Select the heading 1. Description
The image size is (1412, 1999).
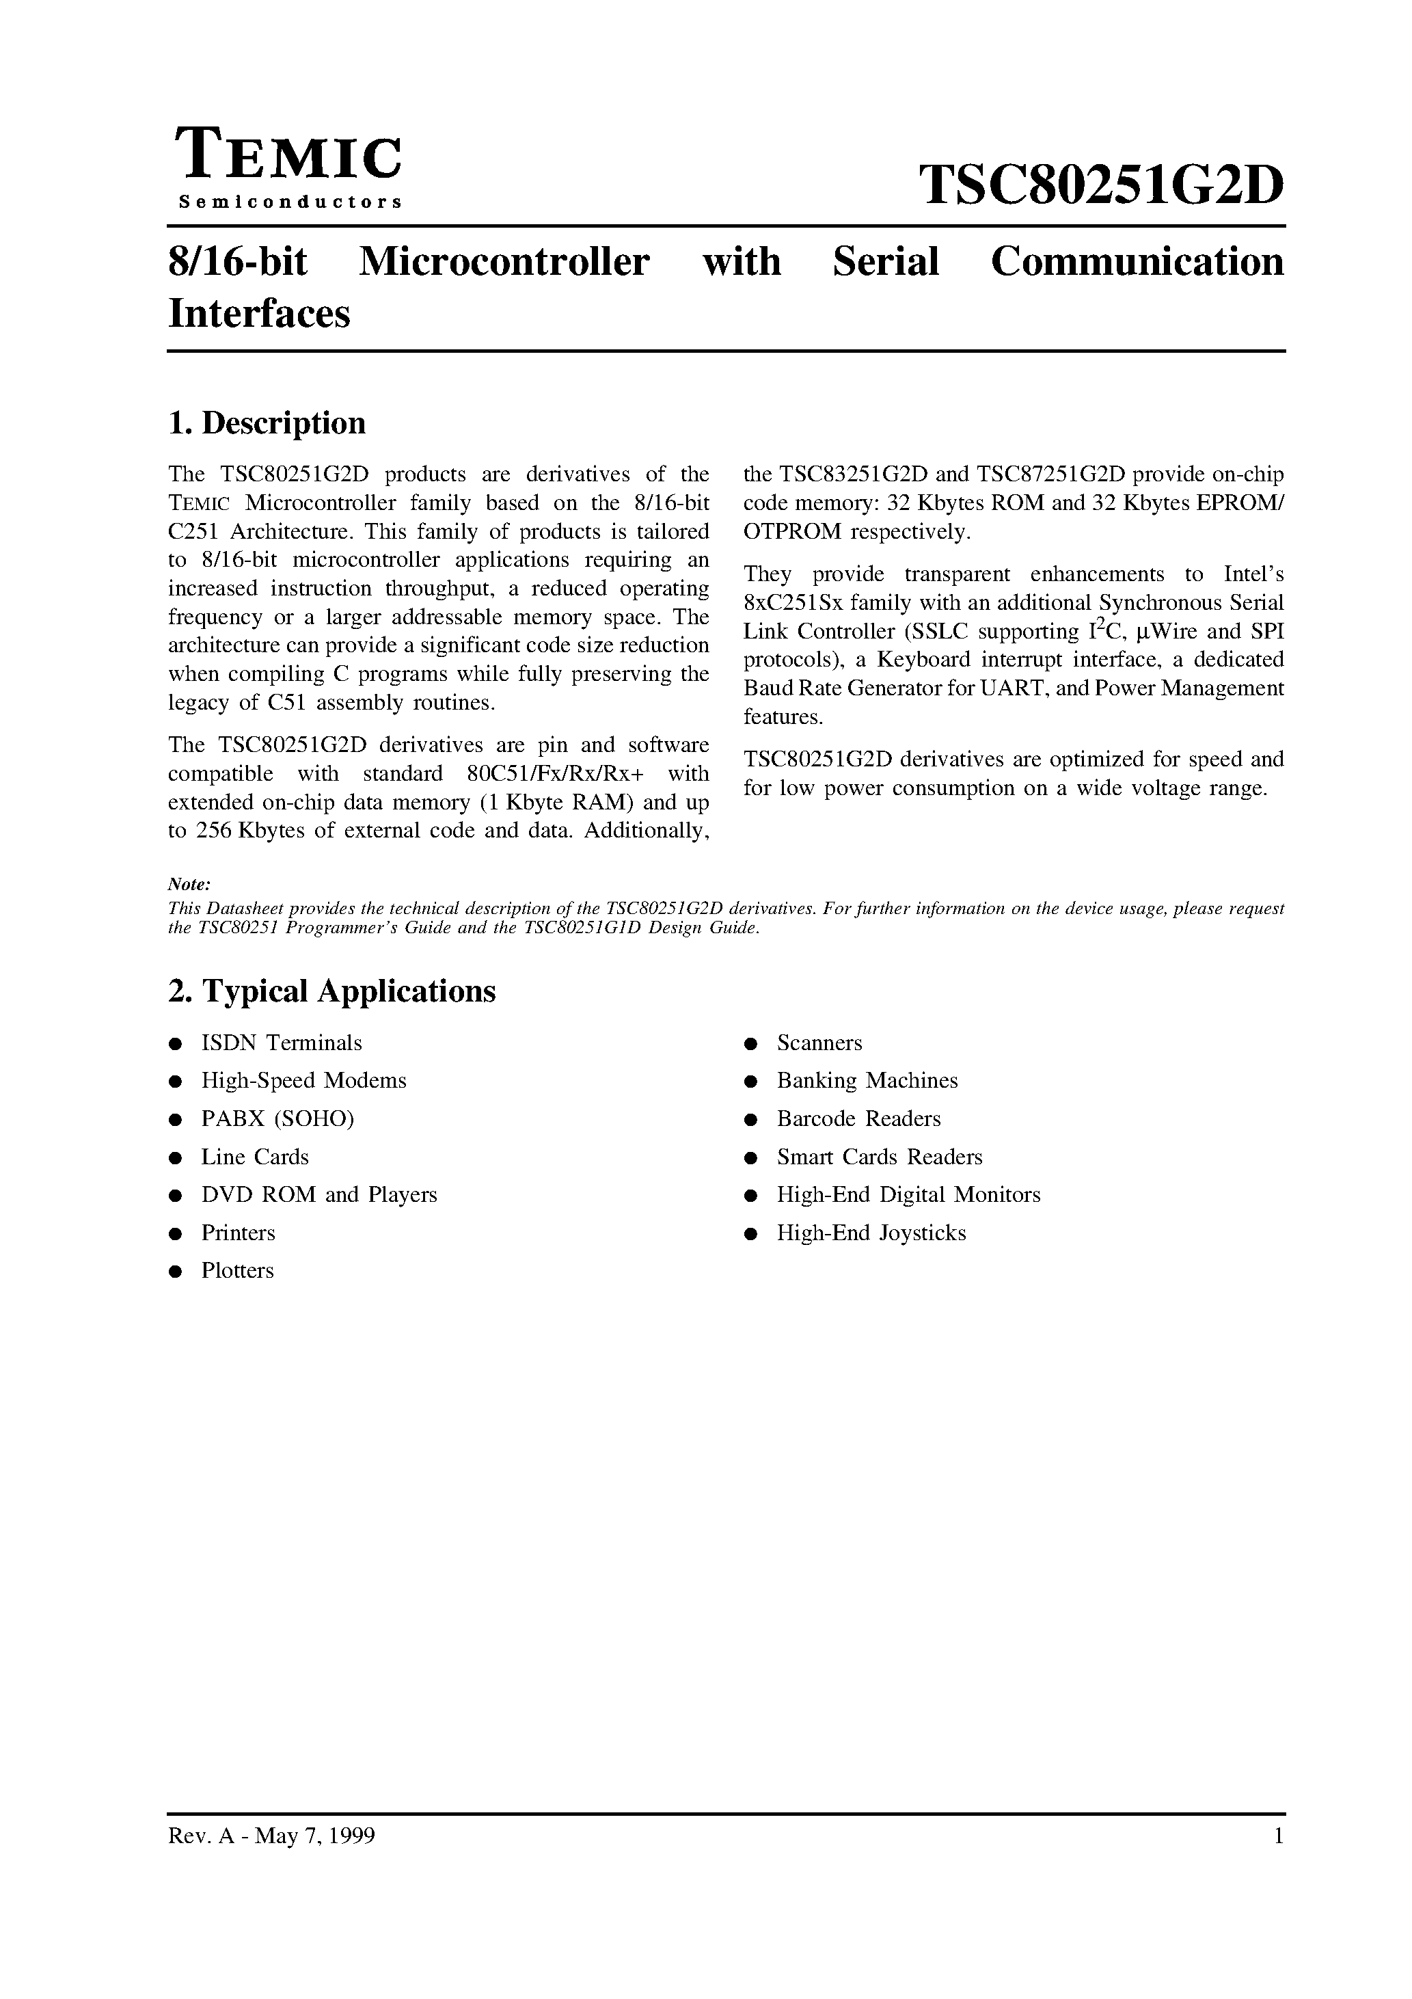pos(267,423)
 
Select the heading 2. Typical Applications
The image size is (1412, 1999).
pos(331,991)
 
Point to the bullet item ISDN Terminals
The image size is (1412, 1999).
pos(281,1043)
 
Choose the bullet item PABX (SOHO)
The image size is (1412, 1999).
pos(277,1118)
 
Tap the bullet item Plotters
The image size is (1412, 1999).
pos(238,1271)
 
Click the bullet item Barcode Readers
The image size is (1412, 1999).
pos(858,1118)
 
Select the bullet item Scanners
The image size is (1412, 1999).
pos(819,1043)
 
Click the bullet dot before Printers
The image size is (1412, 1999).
pos(175,1234)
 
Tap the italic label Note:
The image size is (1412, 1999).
pos(189,885)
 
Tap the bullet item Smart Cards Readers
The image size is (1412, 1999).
pos(879,1157)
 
